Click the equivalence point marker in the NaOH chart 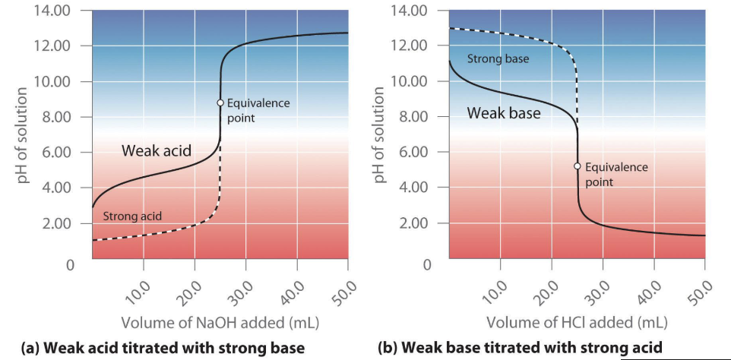coord(220,103)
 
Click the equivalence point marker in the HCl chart coord(578,166)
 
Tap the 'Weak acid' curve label coord(156,150)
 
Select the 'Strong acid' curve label coord(132,217)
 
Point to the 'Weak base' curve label coord(504,113)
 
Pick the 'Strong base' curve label coord(498,58)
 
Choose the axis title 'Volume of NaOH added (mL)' coord(220,321)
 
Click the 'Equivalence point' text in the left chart coord(258,110)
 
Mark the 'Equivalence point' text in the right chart coord(616,174)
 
